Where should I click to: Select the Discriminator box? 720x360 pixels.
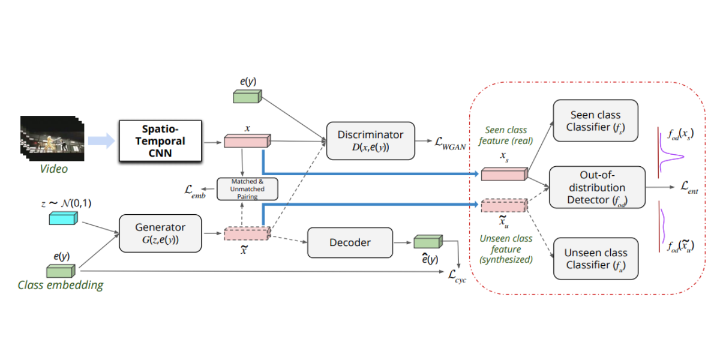click(370, 141)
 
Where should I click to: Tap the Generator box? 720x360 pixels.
click(160, 233)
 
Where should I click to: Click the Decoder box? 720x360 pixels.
click(350, 242)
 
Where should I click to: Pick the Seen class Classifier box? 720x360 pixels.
click(595, 121)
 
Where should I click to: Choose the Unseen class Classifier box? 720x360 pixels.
click(595, 259)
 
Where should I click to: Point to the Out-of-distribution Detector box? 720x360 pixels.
click(596, 187)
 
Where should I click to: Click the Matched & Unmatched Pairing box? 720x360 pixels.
click(248, 188)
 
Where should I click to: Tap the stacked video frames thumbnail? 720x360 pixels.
click(51, 139)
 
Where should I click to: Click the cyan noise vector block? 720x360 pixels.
click(62, 220)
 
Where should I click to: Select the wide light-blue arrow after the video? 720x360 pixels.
click(100, 142)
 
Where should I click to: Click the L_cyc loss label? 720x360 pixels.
click(457, 275)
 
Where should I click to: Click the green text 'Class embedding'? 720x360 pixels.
click(60, 285)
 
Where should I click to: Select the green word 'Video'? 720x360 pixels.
click(54, 169)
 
